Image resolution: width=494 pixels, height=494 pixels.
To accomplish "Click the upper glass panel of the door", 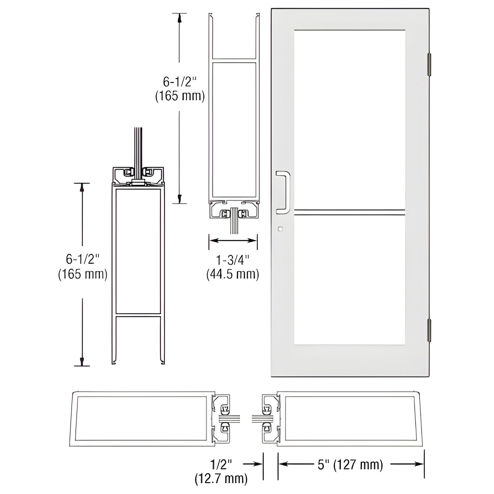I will point(349,118).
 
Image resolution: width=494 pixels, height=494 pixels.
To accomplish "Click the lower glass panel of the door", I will point(349,279).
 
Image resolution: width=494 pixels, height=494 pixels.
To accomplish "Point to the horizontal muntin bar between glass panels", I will point(349,212).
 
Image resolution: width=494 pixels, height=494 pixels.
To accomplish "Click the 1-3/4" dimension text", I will point(233,260).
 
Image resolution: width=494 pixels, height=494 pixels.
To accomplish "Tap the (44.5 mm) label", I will point(233,274).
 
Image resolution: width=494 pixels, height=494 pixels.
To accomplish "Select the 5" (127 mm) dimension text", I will point(350,465).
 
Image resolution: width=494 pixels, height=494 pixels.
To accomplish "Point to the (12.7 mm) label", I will point(221,479).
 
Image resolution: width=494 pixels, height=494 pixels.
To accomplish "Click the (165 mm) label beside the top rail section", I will point(180,96).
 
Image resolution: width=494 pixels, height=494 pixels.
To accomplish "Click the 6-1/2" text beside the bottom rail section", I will point(82,259).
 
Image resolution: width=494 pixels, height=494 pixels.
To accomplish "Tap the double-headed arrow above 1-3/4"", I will point(233,241).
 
